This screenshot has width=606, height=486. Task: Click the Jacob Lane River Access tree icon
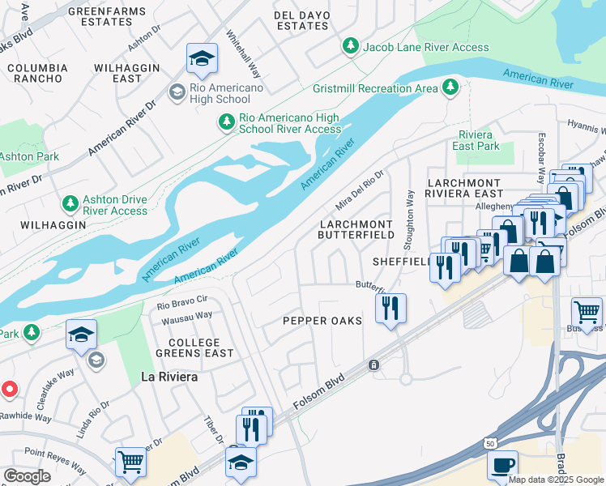point(351,47)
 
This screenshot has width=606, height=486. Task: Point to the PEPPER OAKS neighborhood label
point(322,321)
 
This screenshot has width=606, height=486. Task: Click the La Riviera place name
point(169,377)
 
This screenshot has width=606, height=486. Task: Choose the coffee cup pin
point(502,467)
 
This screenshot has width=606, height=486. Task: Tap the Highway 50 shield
point(490,443)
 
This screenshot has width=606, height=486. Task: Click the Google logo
point(27,476)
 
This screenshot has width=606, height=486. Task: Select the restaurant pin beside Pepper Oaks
point(390,308)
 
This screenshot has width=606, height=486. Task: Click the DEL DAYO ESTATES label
point(301,20)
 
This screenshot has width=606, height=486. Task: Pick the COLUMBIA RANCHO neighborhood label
point(37,73)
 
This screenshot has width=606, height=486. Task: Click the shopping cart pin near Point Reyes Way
point(130,463)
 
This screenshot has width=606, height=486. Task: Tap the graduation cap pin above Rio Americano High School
point(202,58)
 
